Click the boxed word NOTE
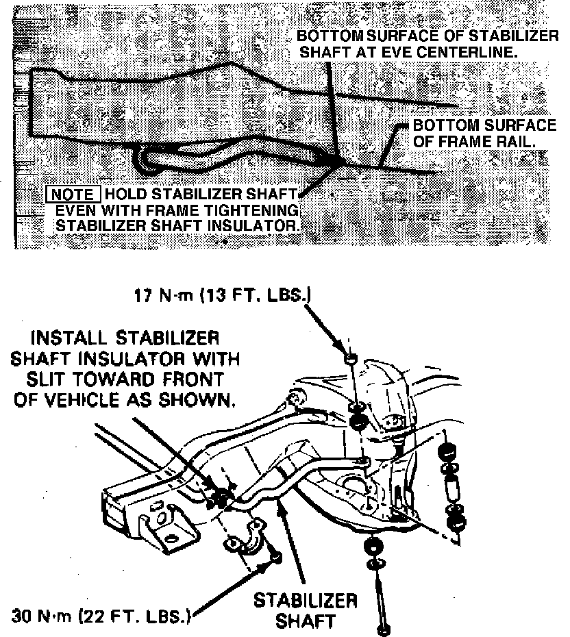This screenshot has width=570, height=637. (73, 195)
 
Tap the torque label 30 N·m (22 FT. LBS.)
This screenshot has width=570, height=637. (101, 616)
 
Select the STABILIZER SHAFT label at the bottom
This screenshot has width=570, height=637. (305, 610)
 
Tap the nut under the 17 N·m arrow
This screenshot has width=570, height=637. (351, 359)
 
